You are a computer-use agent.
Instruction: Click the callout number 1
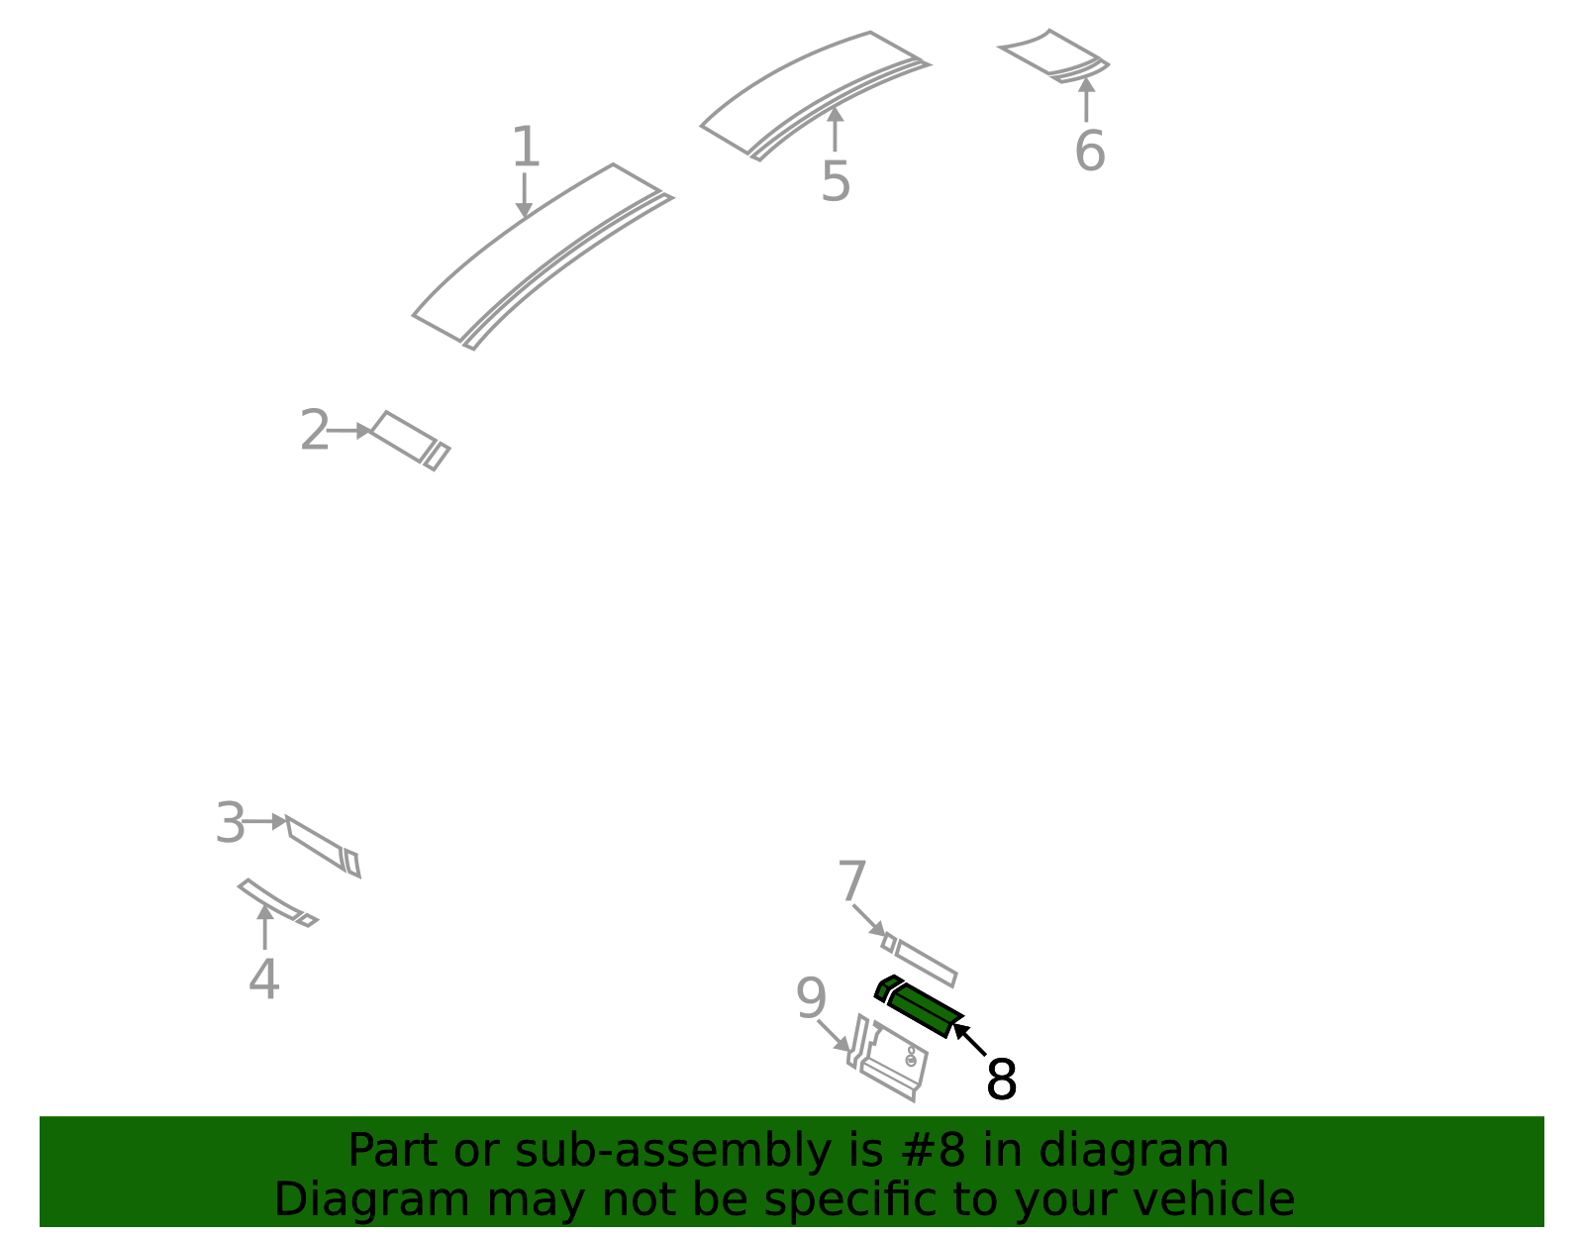pos(526,147)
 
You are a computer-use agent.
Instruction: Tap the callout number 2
pos(315,430)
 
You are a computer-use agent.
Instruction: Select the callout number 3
pos(231,823)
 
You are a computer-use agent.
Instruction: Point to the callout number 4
pos(264,979)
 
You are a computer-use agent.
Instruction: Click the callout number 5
pos(836,181)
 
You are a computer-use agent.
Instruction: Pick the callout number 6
pos(1090,151)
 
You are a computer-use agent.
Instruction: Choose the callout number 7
pos(851,881)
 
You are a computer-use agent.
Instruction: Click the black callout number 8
pos(1001,1080)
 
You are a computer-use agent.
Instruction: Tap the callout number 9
pos(811,998)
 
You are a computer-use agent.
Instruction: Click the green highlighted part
pos(919,1006)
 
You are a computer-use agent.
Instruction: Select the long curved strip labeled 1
pos(544,257)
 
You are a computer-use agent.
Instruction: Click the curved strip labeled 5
pos(815,95)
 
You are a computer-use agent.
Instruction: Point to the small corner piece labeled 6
pos(1054,56)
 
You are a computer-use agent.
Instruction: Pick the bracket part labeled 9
pos(887,1058)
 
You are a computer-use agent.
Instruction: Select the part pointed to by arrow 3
pos(323,847)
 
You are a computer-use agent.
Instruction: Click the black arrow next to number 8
pos(969,1040)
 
